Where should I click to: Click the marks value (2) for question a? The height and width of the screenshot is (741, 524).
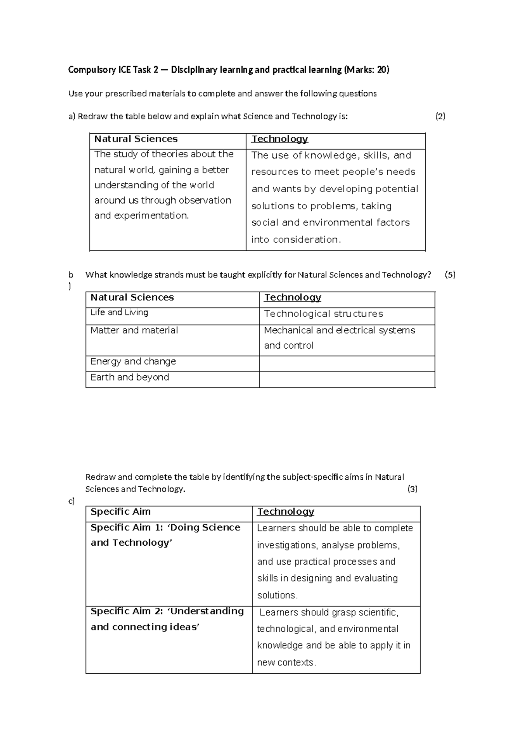tap(440, 116)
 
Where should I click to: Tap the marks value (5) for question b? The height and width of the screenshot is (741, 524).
tap(450, 275)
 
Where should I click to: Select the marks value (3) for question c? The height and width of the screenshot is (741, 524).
tap(412, 489)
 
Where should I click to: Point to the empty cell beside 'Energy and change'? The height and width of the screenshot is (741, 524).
tap(347, 364)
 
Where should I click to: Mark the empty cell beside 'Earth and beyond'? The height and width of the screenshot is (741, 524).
tap(347, 379)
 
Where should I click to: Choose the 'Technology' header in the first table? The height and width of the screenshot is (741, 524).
tap(280, 139)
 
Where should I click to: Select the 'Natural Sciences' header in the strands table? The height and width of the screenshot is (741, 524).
tap(132, 298)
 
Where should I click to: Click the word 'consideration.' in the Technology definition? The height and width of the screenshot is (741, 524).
tap(307, 240)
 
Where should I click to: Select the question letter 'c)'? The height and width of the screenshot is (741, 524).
tap(72, 501)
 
